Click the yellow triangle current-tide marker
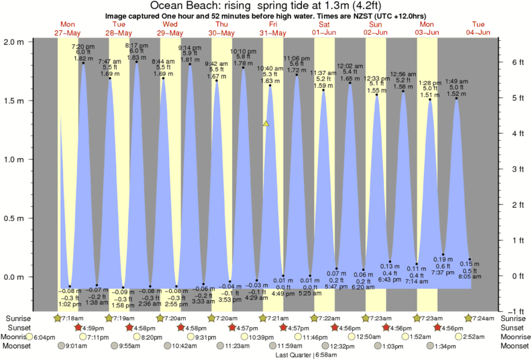point(266,124)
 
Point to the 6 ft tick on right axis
point(516,62)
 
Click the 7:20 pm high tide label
point(83,46)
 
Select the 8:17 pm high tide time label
point(136,46)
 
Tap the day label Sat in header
point(324,25)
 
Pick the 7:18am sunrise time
point(72,318)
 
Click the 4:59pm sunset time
point(94,328)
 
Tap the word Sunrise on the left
point(18,318)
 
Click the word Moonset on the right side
point(515,346)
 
